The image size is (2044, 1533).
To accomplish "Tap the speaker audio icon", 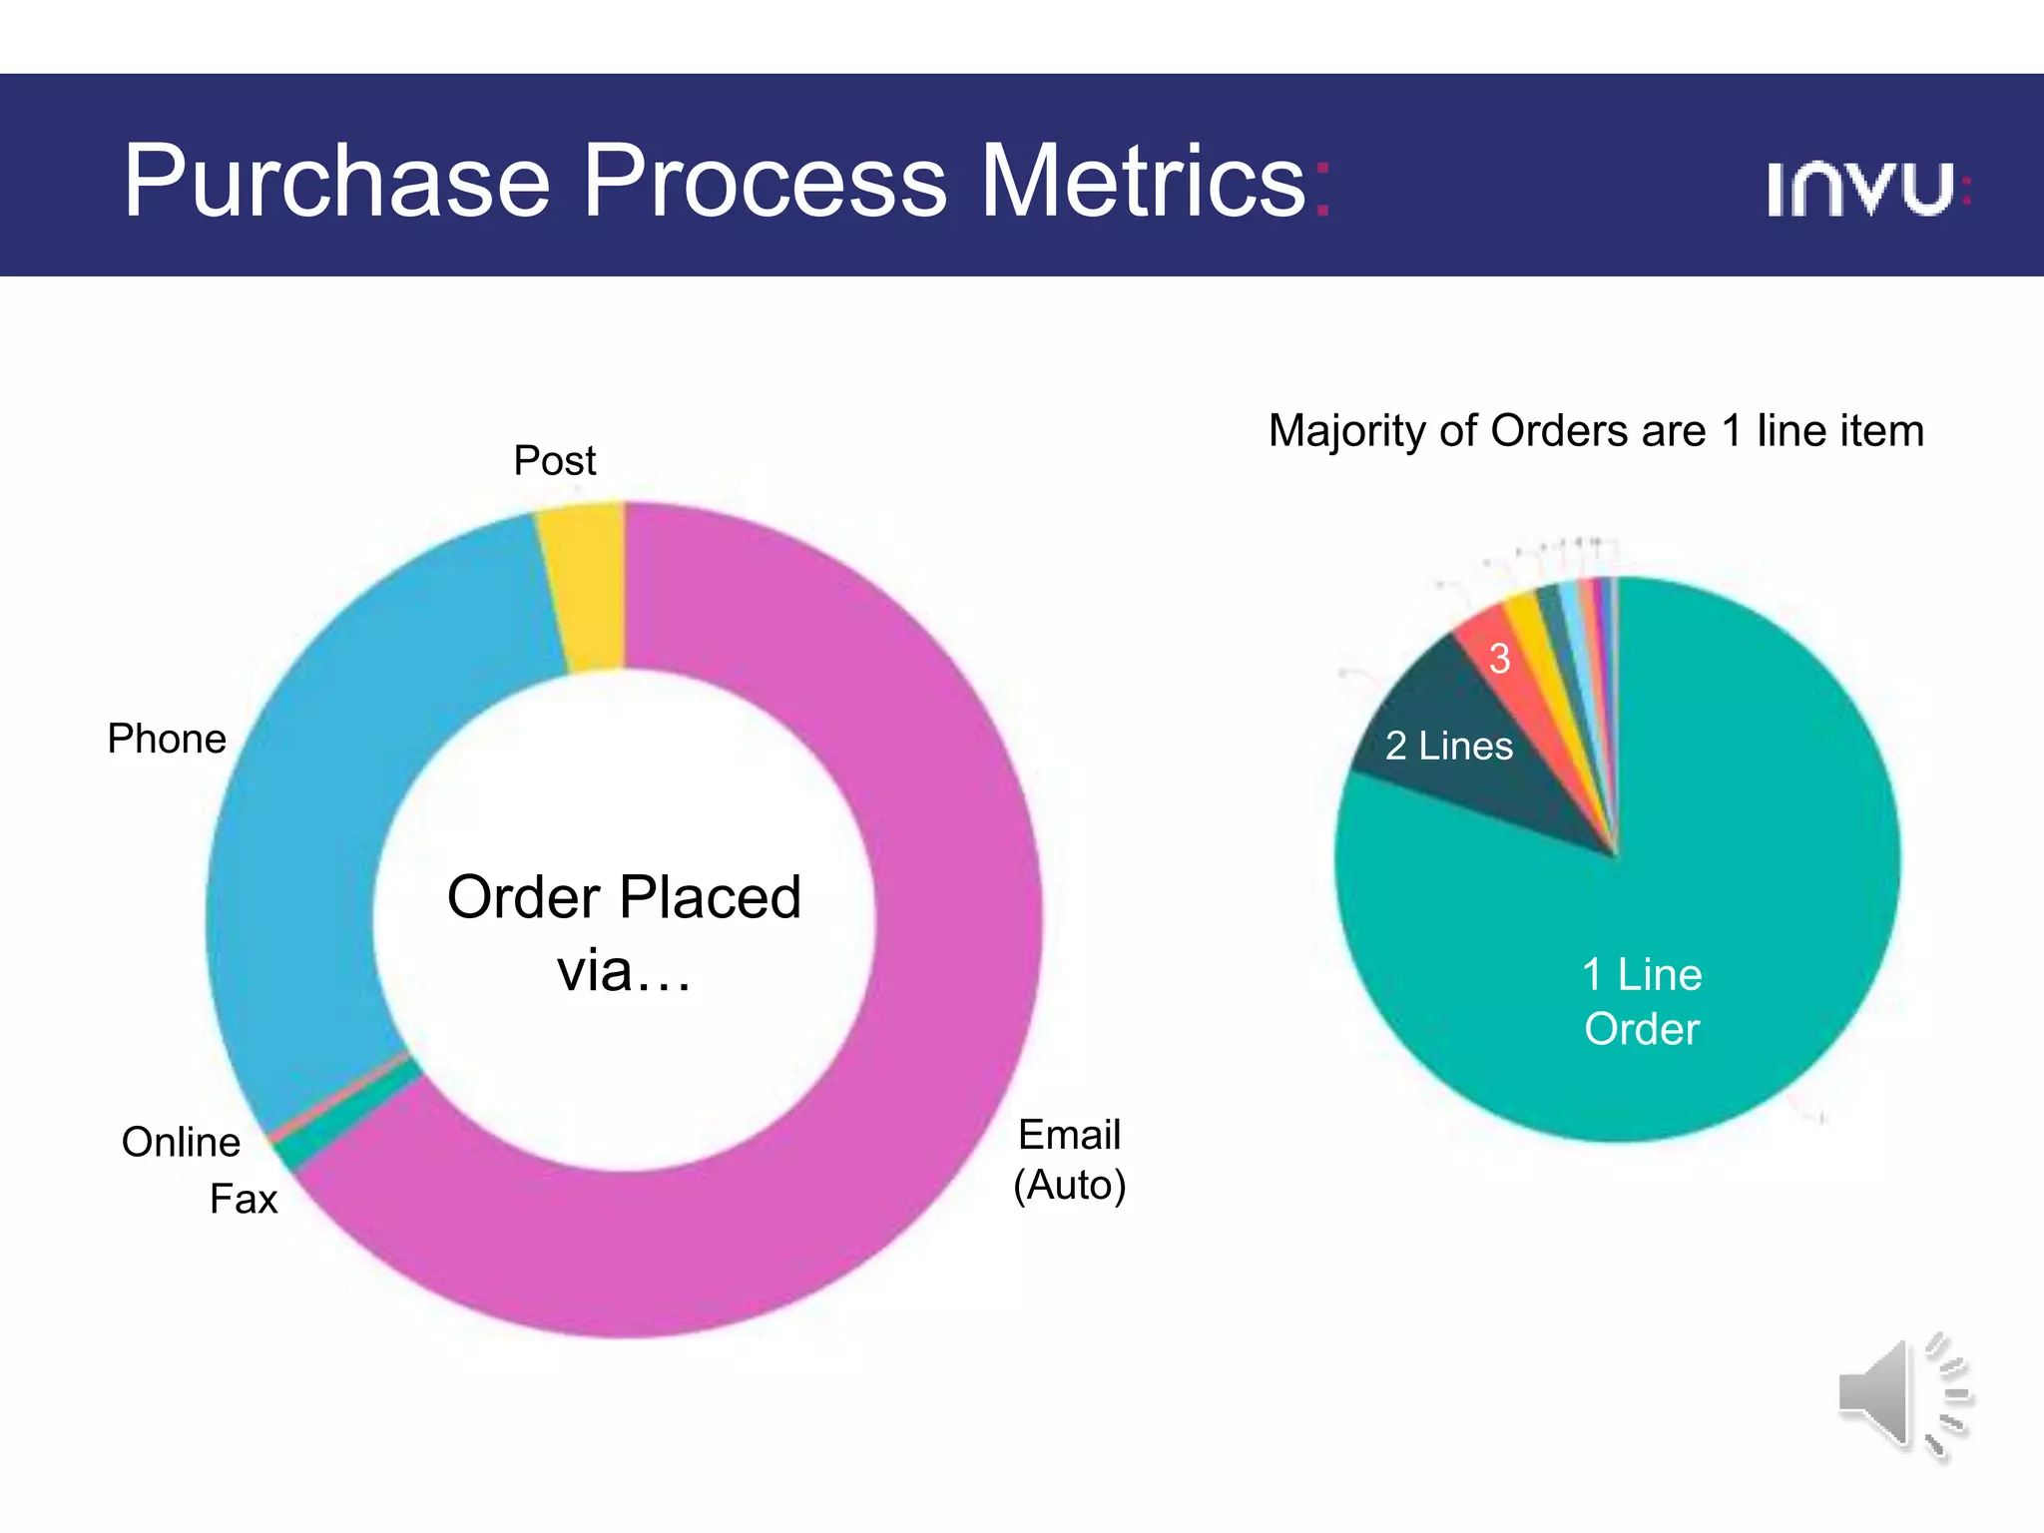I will pos(1902,1395).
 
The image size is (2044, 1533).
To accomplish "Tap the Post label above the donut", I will pos(554,460).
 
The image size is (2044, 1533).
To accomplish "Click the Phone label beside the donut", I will pos(167,739).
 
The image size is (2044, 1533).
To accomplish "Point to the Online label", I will pos(181,1142).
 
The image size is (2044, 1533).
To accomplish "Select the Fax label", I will pos(243,1199).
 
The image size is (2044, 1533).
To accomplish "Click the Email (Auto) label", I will pos(1069,1160).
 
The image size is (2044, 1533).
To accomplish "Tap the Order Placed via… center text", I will pos(624,932).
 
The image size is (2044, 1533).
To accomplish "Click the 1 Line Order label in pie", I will pos(1642,1001).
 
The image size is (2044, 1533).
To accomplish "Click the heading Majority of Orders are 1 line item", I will pos(1595,431).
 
